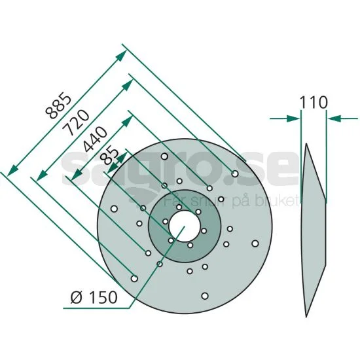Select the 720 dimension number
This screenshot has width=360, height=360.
[76, 123]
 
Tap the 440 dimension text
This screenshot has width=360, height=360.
[96, 139]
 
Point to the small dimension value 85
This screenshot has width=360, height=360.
[111, 156]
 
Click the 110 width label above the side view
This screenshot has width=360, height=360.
[314, 102]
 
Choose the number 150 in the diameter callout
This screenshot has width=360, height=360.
[103, 298]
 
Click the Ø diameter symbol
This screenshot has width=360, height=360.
[76, 298]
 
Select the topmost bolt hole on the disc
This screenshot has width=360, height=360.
[164, 156]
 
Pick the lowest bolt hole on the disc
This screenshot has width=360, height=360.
[205, 296]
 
